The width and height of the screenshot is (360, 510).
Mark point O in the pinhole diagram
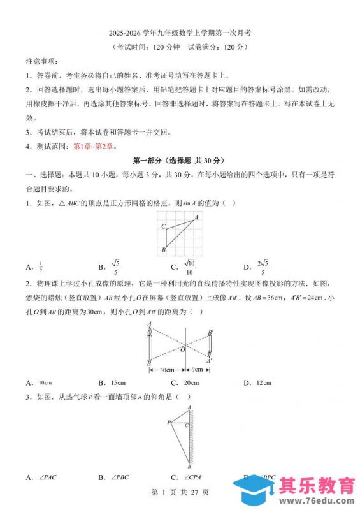pyautogui.click(x=184, y=349)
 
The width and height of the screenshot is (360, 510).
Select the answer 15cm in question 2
pyautogui.click(x=118, y=382)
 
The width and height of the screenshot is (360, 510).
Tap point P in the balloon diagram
pyautogui.click(x=169, y=422)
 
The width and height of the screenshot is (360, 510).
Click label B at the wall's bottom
pyautogui.click(x=189, y=466)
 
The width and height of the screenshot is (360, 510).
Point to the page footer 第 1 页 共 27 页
pyautogui.click(x=179, y=492)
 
